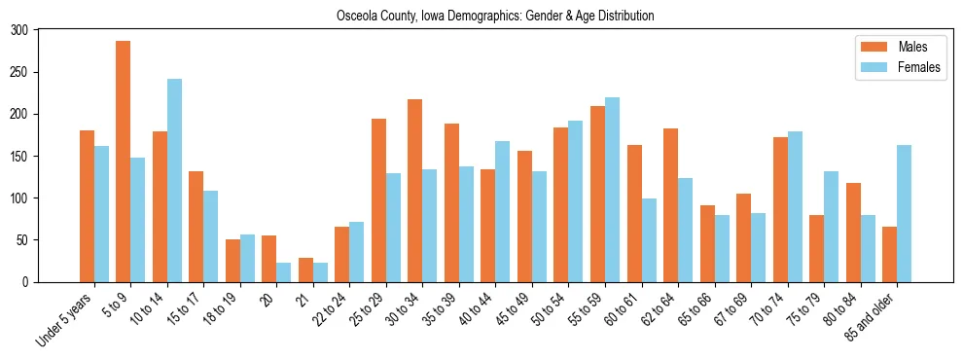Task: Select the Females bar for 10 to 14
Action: pos(174,180)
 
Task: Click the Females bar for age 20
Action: pos(284,271)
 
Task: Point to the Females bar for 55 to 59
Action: pos(612,190)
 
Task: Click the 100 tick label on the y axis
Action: pos(19,198)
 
